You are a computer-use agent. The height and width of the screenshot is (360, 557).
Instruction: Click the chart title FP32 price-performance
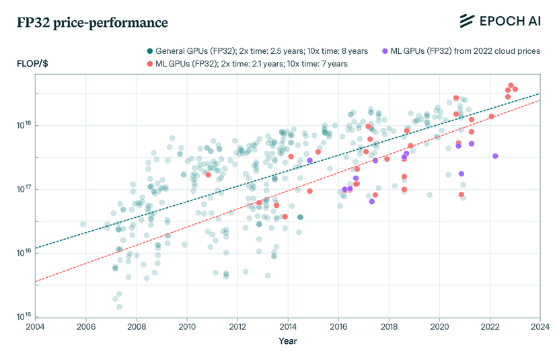pos(92,23)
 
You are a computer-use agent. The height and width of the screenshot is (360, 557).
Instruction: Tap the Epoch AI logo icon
pos(467,21)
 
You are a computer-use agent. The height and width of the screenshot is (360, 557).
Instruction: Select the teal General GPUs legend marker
pos(150,51)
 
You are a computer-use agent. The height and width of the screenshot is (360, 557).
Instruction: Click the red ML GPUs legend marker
pos(150,64)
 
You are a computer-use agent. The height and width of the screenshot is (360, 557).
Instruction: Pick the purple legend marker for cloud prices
pos(385,51)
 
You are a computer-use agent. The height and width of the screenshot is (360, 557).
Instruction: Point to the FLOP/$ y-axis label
pos(32,64)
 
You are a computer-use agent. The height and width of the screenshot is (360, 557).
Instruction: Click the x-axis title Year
pos(288,341)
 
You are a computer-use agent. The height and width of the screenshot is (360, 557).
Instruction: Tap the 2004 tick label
pos(35,326)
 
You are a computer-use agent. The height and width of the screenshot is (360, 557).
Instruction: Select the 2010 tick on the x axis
pos(187,326)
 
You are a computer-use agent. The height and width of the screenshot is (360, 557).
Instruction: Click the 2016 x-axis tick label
pos(338,326)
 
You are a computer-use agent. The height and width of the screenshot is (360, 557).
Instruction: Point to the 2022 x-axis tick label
pos(490,326)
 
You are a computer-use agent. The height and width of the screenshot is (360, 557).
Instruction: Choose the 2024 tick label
pos(540,326)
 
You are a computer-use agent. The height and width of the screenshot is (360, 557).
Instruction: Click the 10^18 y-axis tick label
pos(24,125)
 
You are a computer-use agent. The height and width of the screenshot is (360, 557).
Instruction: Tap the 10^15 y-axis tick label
pos(24,317)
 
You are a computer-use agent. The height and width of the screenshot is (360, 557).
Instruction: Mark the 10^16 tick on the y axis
pos(24,253)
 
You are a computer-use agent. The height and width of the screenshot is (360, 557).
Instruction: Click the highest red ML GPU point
pos(511,85)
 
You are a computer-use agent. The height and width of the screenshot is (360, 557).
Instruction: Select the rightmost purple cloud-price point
pos(495,156)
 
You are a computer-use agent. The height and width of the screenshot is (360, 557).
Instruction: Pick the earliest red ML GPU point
pos(208,174)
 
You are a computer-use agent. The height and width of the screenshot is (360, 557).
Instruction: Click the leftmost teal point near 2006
pos(83,224)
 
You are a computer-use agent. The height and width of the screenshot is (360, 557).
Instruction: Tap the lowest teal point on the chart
pos(119,307)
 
